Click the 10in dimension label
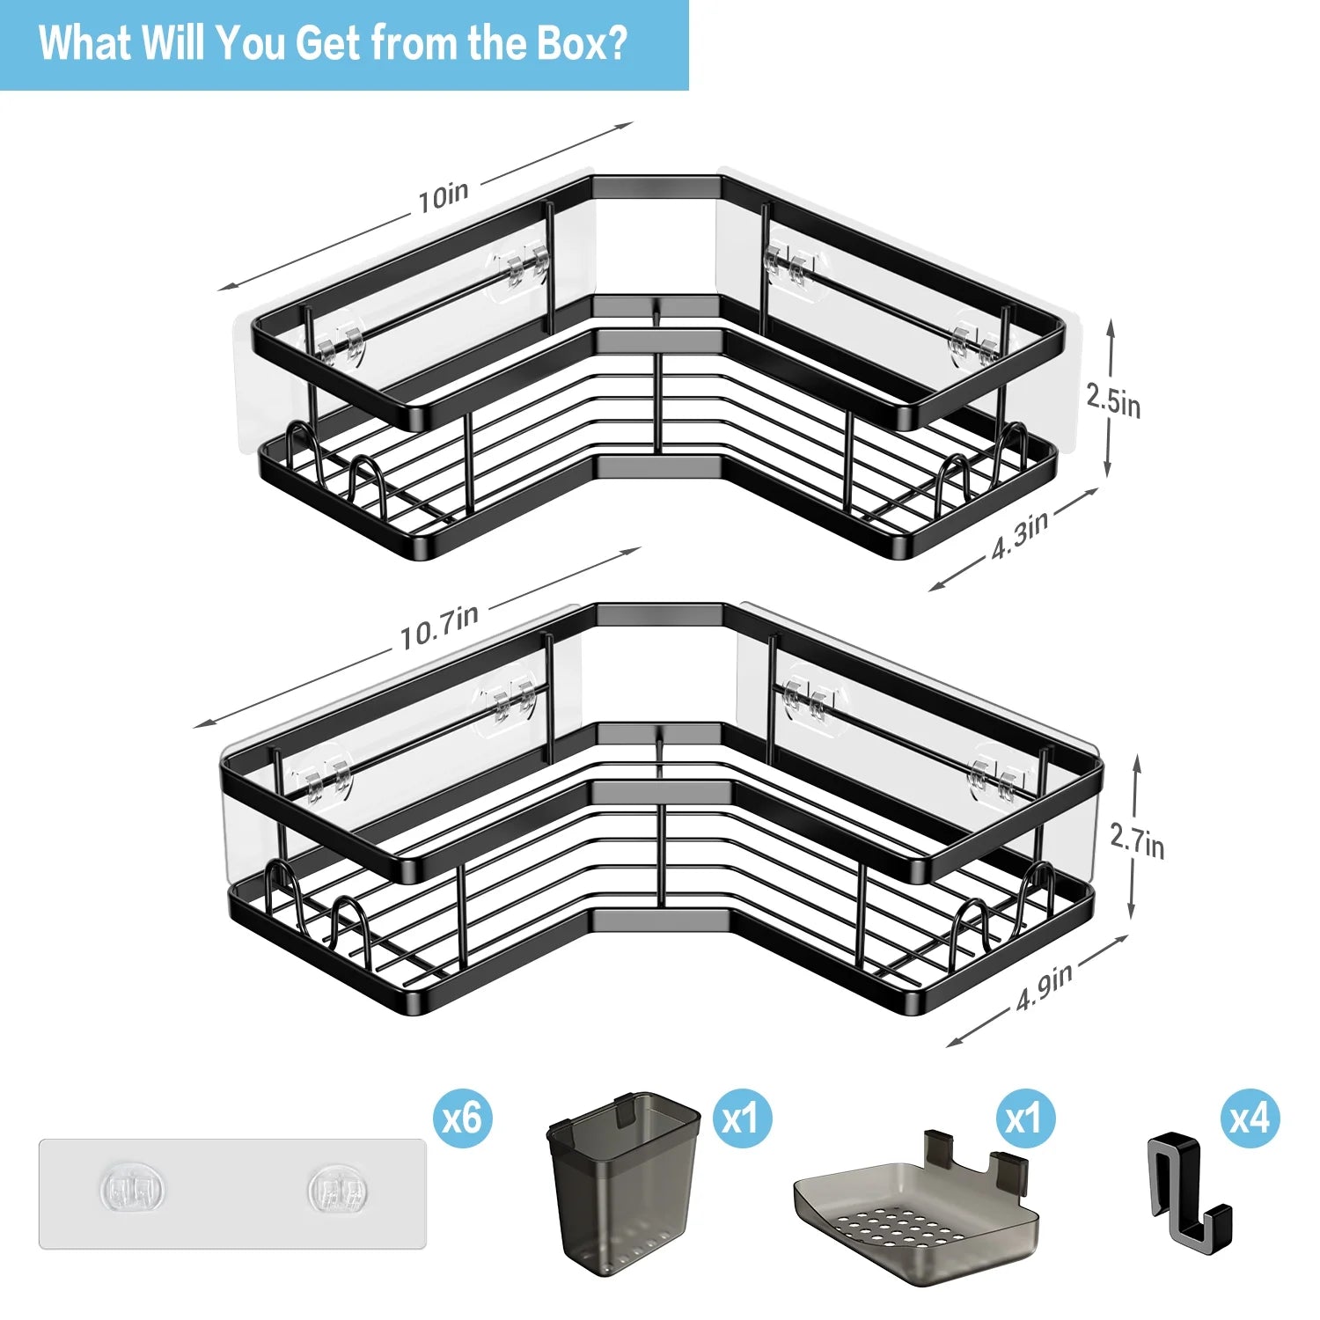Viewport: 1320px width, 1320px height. pos(444,196)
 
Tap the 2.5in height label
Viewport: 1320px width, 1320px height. pos(1113,400)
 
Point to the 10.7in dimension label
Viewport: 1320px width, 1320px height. pos(439,626)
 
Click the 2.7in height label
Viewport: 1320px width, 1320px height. pos(1137,840)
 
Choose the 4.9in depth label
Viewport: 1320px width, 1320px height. pos(1045,986)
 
